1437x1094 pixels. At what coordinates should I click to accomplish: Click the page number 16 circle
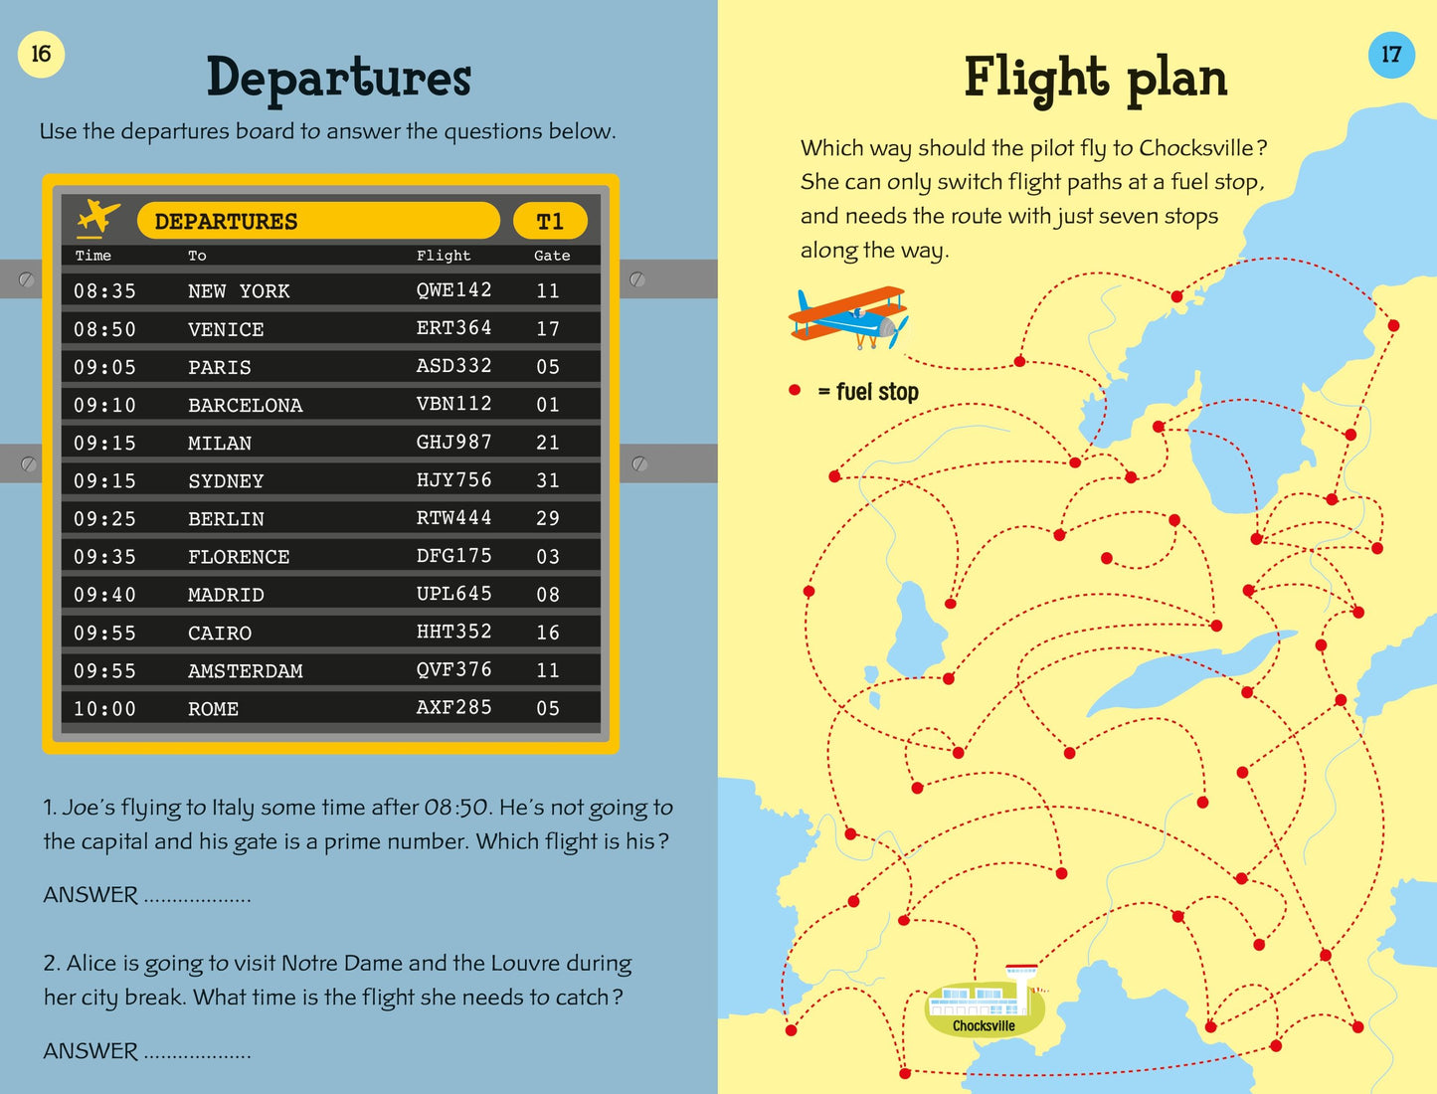(41, 54)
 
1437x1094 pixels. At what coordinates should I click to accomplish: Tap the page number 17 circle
(1390, 54)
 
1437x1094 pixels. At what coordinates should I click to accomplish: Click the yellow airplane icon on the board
(97, 218)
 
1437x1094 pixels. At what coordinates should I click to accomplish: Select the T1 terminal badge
(550, 221)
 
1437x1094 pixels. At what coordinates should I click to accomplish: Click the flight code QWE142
(453, 289)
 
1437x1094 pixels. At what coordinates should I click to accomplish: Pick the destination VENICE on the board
(226, 329)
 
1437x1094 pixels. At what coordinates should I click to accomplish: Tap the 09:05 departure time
(104, 367)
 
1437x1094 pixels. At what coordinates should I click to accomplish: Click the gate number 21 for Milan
(548, 443)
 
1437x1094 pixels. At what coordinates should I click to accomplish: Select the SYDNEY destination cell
(226, 481)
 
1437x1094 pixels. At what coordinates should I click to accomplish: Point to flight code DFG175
(453, 556)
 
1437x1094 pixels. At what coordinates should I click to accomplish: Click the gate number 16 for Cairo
(548, 633)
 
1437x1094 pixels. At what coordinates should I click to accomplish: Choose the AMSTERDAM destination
(245, 671)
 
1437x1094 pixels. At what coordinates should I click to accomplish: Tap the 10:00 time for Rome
(104, 709)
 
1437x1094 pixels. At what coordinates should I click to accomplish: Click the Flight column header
(444, 256)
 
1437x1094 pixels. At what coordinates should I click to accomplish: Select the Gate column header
(552, 256)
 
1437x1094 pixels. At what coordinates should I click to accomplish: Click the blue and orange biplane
(848, 317)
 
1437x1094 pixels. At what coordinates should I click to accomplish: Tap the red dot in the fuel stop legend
(795, 391)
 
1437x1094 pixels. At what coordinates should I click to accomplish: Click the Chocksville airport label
(984, 1025)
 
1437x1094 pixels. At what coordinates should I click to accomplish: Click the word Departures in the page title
(338, 79)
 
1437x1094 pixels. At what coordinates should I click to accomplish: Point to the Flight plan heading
(1095, 79)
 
